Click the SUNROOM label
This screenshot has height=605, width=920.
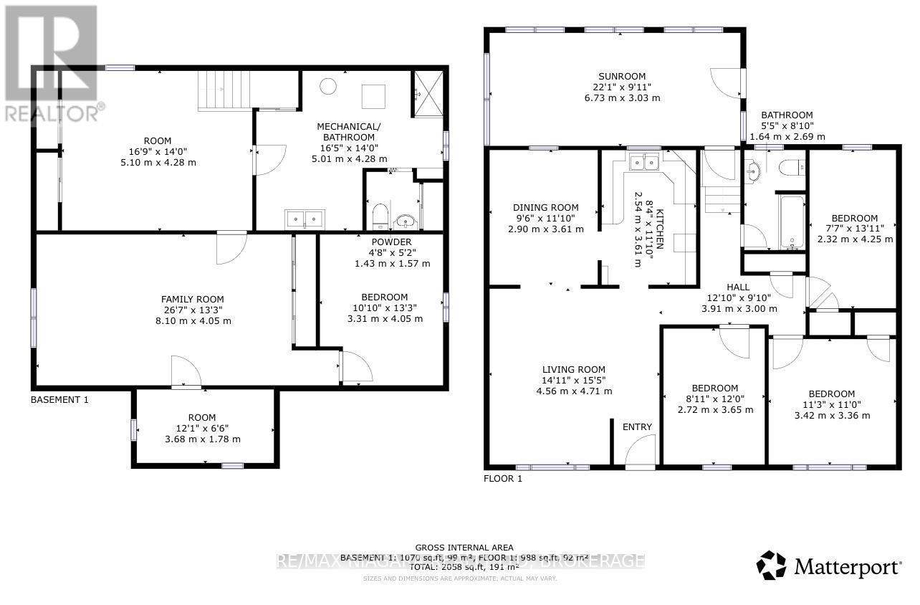click(622, 76)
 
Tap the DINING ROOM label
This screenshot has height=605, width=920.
click(545, 208)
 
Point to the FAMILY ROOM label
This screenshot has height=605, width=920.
click(192, 299)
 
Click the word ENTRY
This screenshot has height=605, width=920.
click(637, 427)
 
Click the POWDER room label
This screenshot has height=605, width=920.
click(391, 242)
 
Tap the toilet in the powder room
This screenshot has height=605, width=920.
click(380, 214)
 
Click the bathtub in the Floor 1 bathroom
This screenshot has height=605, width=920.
click(792, 220)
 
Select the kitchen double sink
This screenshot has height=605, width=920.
click(643, 163)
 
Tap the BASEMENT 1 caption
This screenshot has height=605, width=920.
click(59, 400)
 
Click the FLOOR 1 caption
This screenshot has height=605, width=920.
click(504, 478)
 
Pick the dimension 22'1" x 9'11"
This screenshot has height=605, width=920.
click(622, 87)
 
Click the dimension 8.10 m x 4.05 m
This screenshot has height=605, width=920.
click(192, 321)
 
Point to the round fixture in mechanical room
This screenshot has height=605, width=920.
click(327, 87)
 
